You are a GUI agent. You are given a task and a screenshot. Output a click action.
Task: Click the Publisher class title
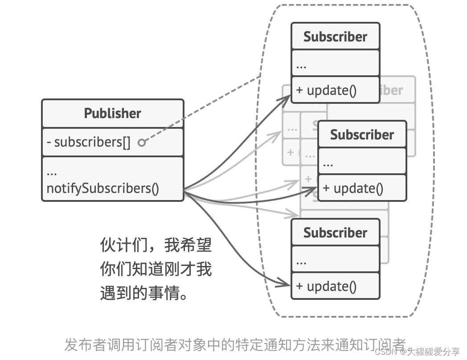click(112, 113)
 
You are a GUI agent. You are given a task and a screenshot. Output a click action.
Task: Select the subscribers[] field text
click(89, 142)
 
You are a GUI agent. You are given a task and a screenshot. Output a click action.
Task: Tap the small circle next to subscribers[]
click(142, 143)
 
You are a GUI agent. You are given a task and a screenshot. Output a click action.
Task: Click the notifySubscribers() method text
click(102, 188)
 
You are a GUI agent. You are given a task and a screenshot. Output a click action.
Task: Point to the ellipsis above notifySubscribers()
click(51, 172)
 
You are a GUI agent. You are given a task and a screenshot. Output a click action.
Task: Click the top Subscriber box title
click(335, 37)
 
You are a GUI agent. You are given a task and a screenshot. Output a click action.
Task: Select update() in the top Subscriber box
click(326, 90)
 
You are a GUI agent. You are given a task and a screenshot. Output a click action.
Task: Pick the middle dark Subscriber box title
click(362, 135)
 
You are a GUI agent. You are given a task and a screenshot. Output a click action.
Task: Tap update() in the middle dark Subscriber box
click(353, 188)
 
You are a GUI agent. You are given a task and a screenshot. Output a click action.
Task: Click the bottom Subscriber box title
click(335, 233)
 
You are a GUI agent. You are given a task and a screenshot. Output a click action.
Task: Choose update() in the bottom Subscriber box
click(326, 286)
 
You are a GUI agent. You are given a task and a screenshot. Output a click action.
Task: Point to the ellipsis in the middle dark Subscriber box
click(328, 164)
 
